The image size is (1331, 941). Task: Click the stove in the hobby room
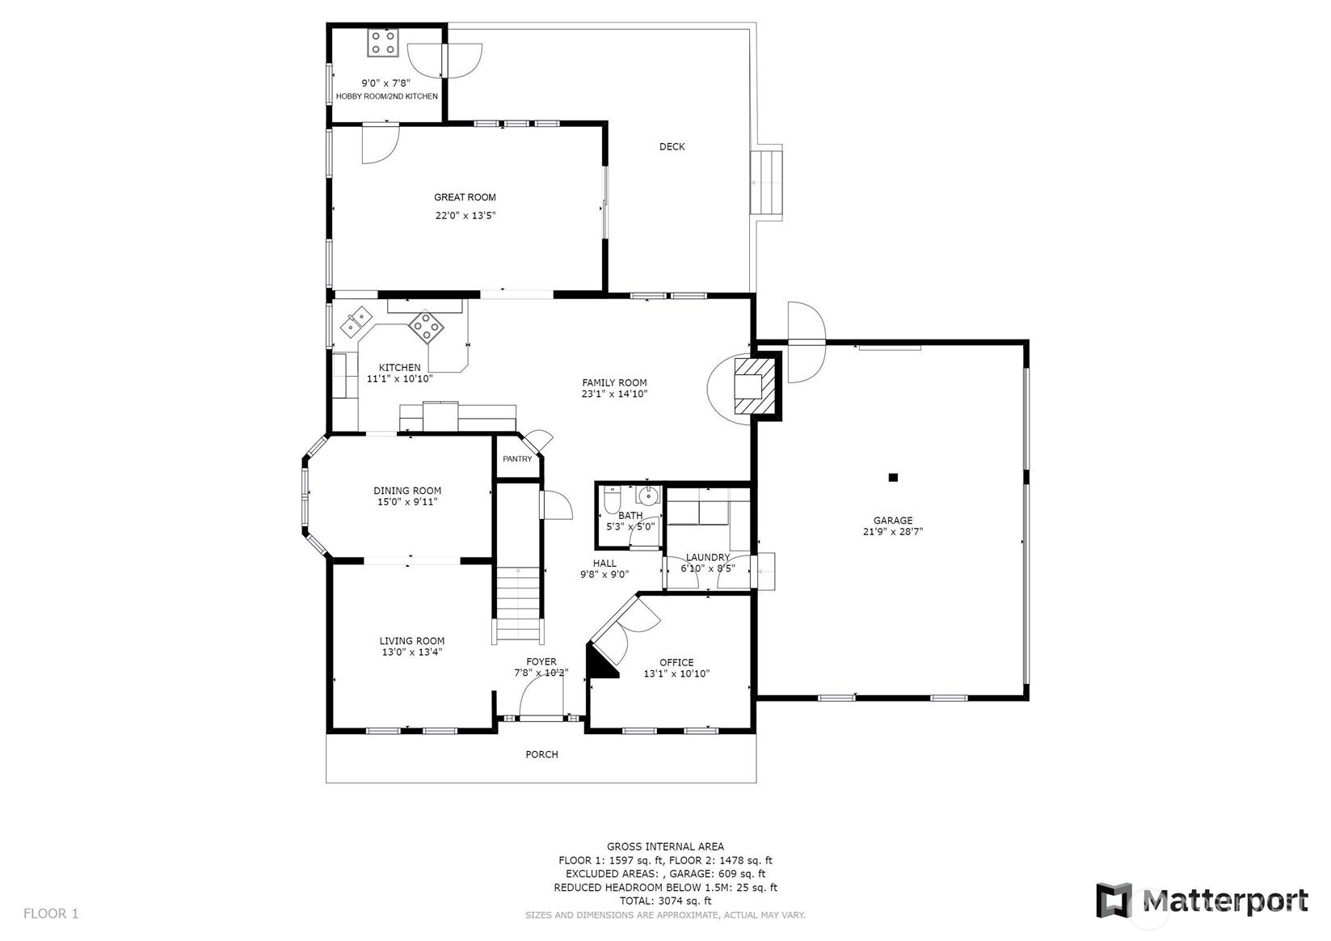pyautogui.click(x=383, y=43)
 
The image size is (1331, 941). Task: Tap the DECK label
pyautogui.click(x=672, y=146)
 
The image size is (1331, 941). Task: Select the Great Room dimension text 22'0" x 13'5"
pyautogui.click(x=465, y=215)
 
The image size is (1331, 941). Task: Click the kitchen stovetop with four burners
pyautogui.click(x=426, y=327)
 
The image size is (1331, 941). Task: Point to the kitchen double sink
pyautogui.click(x=356, y=322)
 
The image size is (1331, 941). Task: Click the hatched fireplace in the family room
pyautogui.click(x=756, y=385)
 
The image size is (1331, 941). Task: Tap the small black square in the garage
pyautogui.click(x=892, y=477)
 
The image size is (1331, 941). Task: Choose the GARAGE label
pyautogui.click(x=892, y=520)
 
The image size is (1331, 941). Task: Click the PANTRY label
pyautogui.click(x=517, y=459)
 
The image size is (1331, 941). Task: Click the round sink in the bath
pyautogui.click(x=647, y=494)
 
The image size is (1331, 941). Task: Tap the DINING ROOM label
pyautogui.click(x=407, y=491)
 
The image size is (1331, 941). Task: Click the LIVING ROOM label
pyautogui.click(x=412, y=641)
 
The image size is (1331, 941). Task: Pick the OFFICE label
pyautogui.click(x=676, y=662)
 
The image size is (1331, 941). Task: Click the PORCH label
pyautogui.click(x=541, y=754)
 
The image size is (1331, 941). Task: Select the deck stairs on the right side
pyautogui.click(x=766, y=183)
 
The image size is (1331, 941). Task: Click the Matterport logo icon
pyautogui.click(x=1114, y=901)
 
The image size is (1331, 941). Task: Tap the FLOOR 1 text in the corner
pyautogui.click(x=51, y=914)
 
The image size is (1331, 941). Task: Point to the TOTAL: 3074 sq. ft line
pyautogui.click(x=665, y=901)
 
